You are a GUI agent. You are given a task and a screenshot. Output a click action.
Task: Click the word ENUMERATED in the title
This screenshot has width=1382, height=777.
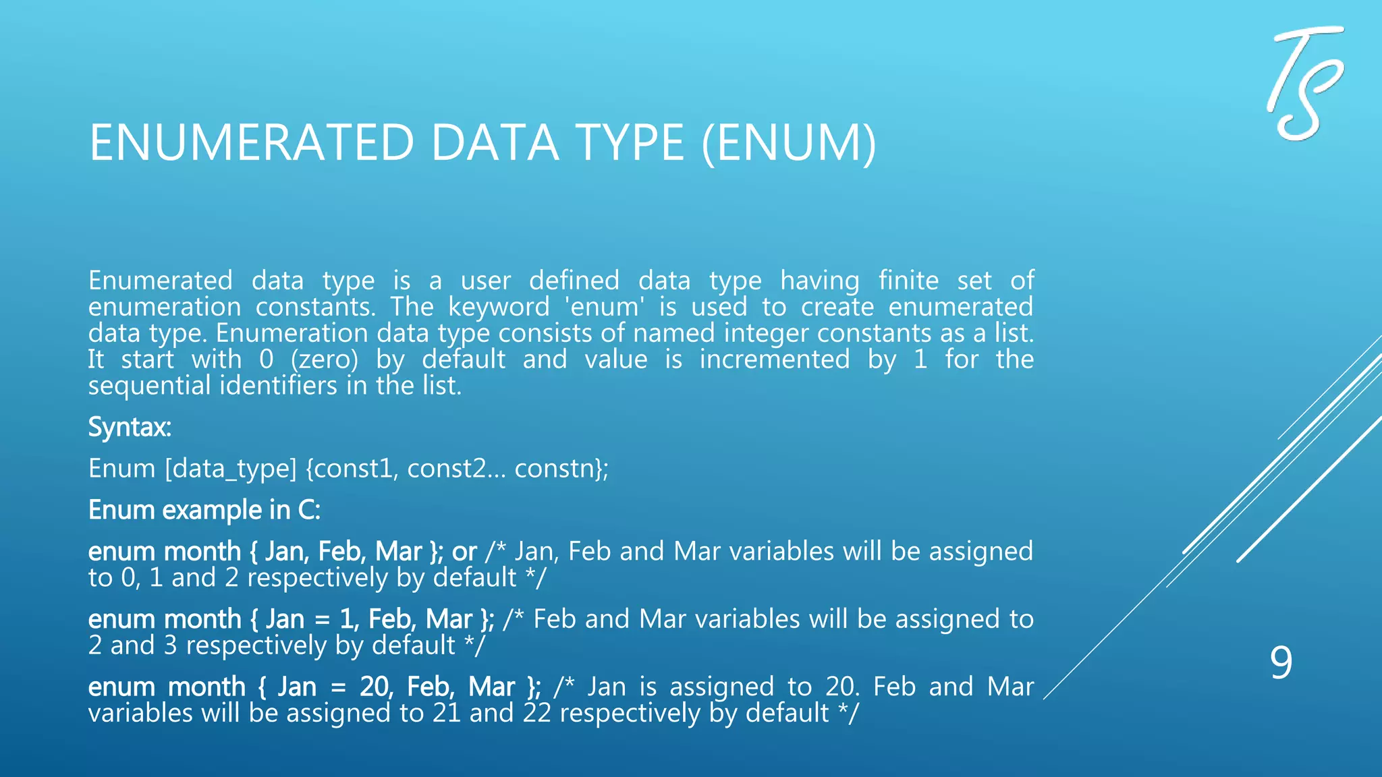point(251,143)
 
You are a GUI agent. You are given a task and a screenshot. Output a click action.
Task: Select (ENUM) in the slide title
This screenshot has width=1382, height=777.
point(789,143)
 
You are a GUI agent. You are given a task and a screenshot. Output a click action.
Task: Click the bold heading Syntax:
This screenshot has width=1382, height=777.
point(130,427)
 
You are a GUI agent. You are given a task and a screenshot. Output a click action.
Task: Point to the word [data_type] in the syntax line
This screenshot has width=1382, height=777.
point(231,469)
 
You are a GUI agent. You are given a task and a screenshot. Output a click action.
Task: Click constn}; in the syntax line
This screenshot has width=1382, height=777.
point(561,468)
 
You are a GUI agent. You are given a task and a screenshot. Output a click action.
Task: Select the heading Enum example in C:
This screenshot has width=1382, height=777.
point(204,510)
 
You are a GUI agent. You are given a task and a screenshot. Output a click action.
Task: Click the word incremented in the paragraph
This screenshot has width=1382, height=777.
point(775,359)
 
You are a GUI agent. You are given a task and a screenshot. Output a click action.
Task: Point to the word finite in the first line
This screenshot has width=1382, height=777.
point(908,281)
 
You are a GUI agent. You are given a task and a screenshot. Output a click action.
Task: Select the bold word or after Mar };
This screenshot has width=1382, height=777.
point(464,552)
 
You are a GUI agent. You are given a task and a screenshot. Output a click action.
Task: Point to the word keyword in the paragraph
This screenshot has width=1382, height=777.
point(499,307)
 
